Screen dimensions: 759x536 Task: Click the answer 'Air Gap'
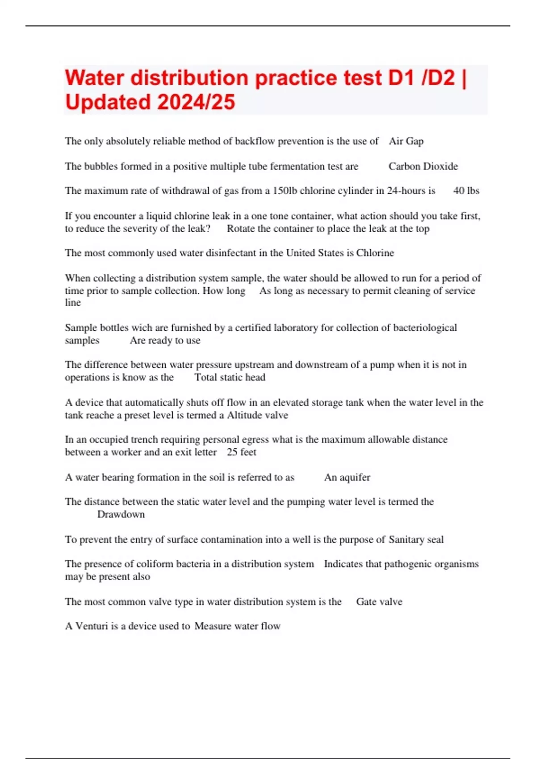(x=406, y=141)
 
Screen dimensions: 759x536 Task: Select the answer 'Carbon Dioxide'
(x=423, y=166)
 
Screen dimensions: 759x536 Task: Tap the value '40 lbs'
(x=466, y=191)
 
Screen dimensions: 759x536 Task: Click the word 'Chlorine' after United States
(x=375, y=253)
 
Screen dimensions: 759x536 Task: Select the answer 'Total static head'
(x=230, y=377)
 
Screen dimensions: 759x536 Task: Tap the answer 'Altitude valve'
(x=257, y=415)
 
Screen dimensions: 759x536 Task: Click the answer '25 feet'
(x=242, y=452)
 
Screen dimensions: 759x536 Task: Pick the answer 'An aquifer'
(x=347, y=477)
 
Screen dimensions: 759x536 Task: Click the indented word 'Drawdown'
(x=121, y=514)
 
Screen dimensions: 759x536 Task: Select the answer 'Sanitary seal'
(x=416, y=539)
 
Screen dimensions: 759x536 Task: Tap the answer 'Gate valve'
(x=379, y=601)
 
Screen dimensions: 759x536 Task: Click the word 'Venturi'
(x=92, y=626)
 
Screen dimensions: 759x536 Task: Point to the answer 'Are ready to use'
(x=165, y=340)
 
